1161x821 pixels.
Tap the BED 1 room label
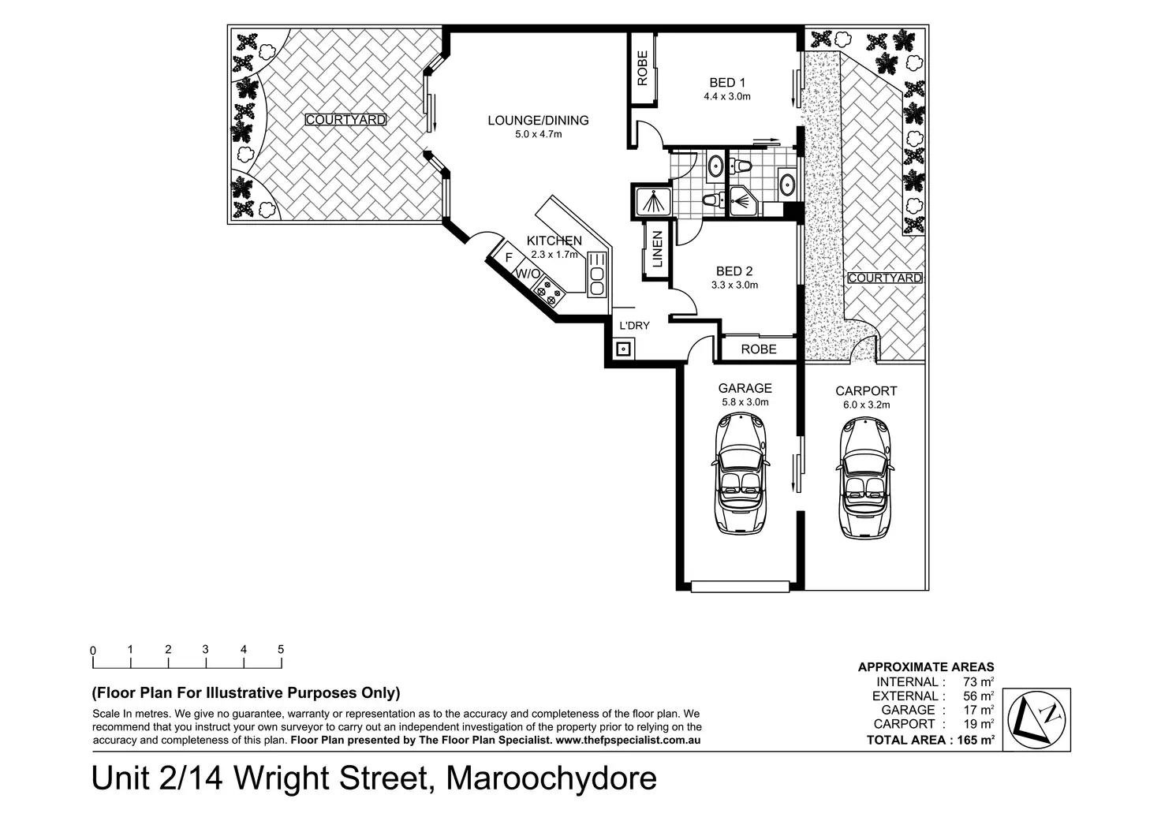[727, 83]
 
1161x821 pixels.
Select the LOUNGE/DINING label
[538, 121]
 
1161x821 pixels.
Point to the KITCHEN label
[554, 241]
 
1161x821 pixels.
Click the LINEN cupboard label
[657, 248]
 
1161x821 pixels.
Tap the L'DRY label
[634, 326]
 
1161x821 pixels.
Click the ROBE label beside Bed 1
[642, 68]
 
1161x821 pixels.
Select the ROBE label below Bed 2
[759, 349]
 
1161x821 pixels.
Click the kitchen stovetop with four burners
[549, 293]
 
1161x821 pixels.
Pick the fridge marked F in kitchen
[508, 258]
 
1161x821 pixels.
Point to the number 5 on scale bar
[281, 649]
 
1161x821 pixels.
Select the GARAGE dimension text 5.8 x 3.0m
[745, 402]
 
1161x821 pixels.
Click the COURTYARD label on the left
[345, 120]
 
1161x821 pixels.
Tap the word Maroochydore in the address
[551, 778]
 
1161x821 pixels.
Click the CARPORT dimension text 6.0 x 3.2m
[866, 405]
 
